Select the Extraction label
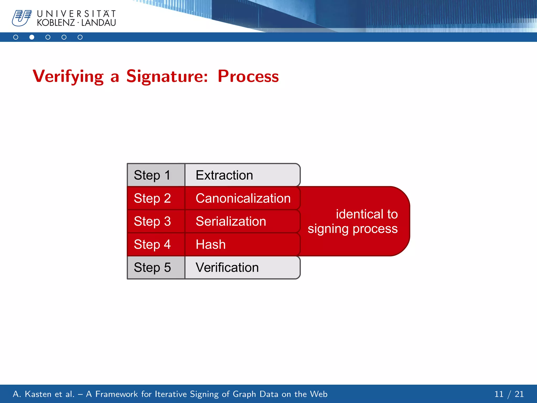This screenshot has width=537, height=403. (224, 175)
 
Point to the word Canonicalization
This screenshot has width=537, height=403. (243, 198)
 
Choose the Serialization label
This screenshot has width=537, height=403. (231, 221)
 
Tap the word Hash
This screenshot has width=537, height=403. (211, 244)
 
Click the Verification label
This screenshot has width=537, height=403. (227, 267)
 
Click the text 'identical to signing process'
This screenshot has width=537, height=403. (353, 221)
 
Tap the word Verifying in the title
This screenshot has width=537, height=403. (68, 77)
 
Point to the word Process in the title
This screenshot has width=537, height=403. (248, 77)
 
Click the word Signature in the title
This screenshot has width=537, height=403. (167, 77)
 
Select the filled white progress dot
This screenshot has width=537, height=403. (32, 37)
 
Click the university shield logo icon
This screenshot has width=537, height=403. (22, 18)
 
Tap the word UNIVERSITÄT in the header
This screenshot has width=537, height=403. (76, 13)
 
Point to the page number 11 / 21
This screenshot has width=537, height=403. (509, 394)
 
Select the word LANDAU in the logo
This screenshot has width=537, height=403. (99, 23)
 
